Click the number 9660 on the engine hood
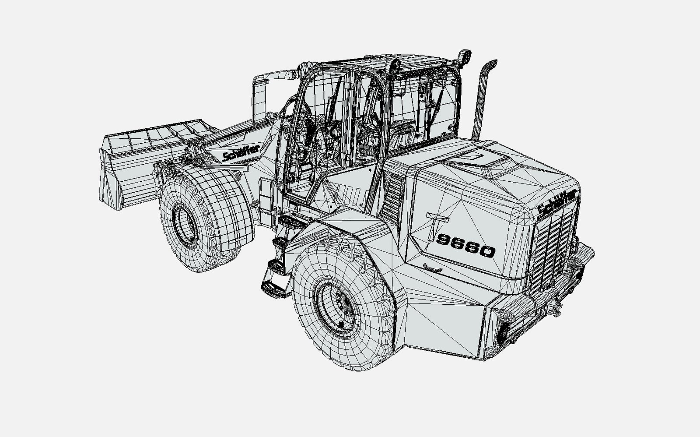[x=465, y=246]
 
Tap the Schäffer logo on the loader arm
[x=241, y=153]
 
